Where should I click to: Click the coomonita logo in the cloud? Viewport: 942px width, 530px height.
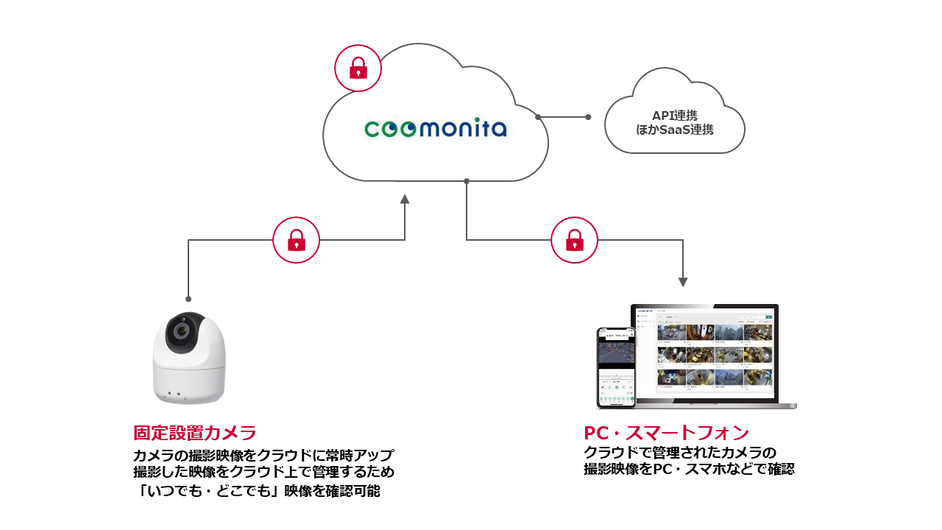(x=436, y=130)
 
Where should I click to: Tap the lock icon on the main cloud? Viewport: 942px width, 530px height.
(x=358, y=68)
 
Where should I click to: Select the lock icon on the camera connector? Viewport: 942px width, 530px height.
(x=297, y=240)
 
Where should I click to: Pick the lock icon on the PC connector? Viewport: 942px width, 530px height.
(x=575, y=240)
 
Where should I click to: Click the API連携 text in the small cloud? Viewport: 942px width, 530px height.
(x=674, y=116)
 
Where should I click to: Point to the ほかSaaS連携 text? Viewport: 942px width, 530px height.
(x=674, y=130)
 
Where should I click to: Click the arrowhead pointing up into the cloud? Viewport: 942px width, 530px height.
(x=405, y=199)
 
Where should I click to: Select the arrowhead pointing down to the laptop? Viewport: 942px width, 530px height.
(x=683, y=282)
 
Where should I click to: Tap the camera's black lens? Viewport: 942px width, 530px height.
(x=179, y=335)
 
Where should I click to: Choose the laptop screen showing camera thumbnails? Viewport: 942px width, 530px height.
(x=705, y=354)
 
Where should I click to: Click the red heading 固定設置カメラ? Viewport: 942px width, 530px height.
(x=194, y=433)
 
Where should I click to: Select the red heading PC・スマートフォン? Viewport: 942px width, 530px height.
(x=666, y=433)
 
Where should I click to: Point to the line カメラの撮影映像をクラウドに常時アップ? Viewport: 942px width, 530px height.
(x=263, y=454)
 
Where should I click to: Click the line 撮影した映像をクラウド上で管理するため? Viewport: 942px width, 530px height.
(x=263, y=472)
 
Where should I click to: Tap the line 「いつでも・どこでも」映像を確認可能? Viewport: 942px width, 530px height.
(x=257, y=490)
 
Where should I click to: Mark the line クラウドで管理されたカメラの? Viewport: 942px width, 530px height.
(x=680, y=451)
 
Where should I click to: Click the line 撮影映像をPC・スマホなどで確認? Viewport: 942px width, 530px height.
(x=689, y=469)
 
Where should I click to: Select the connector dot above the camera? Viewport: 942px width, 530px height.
(x=188, y=299)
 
